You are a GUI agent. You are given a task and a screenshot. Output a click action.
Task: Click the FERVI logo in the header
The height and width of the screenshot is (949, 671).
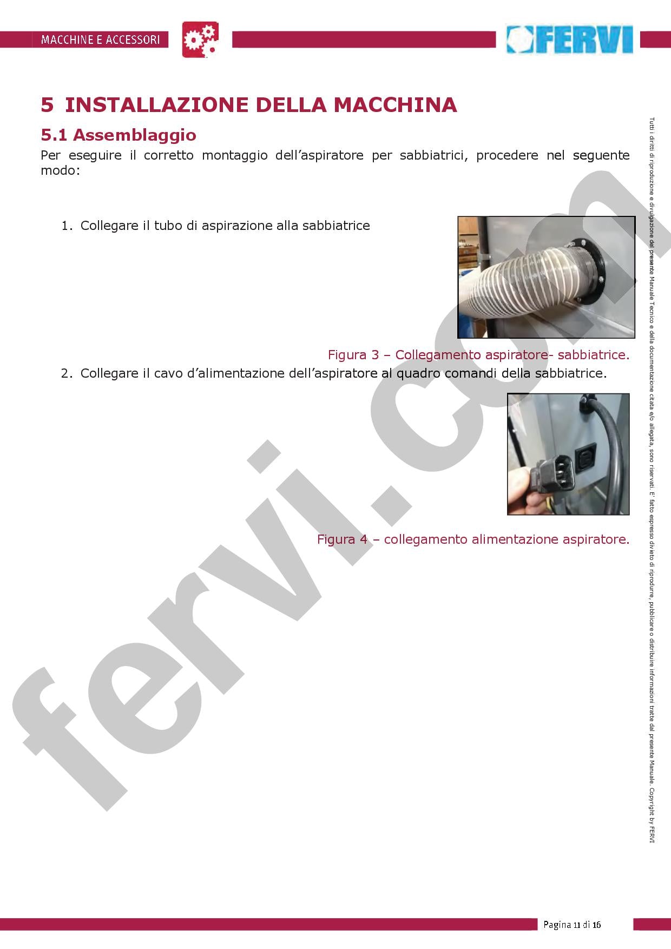(x=570, y=39)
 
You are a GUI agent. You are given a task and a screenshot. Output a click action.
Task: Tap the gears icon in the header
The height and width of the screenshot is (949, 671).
(x=200, y=39)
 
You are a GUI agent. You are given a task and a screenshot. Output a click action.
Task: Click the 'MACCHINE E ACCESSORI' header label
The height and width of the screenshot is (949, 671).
(x=100, y=39)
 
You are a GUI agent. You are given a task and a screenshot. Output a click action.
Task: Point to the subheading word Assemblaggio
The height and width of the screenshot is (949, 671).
(x=134, y=135)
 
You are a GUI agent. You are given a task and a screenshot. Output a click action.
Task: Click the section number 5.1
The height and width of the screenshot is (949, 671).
(x=54, y=135)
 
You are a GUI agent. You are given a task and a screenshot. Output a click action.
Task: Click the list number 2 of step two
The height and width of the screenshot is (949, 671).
(x=65, y=373)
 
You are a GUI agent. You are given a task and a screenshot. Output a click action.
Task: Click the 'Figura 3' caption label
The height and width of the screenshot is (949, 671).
(x=353, y=355)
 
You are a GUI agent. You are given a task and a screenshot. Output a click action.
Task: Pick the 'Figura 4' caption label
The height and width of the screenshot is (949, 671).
(x=343, y=539)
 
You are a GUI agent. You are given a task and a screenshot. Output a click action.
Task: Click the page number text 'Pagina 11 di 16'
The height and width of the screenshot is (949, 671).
(x=572, y=924)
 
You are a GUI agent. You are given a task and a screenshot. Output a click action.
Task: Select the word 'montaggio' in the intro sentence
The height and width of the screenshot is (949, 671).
(x=234, y=155)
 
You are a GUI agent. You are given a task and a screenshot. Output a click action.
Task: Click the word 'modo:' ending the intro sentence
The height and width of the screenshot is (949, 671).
(x=60, y=170)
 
